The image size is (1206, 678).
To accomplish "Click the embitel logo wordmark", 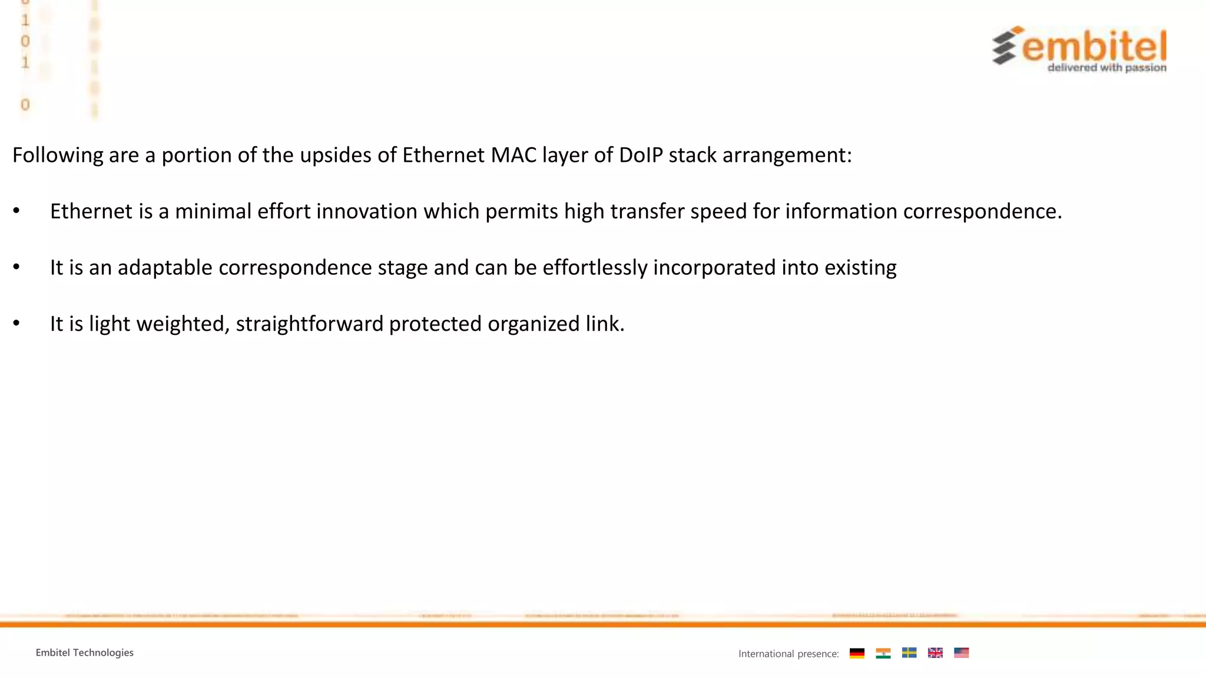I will [x=1094, y=46].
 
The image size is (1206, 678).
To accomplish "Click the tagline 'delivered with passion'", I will [x=1106, y=68].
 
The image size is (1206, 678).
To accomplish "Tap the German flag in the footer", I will [x=857, y=653].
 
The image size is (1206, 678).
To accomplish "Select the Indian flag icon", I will [x=883, y=653].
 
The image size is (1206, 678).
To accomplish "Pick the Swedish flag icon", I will [x=909, y=653].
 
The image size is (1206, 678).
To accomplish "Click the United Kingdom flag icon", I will [x=935, y=653].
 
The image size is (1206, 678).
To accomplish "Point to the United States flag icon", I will [x=961, y=653].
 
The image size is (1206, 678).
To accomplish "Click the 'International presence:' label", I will [x=788, y=653].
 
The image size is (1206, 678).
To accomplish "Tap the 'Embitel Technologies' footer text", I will [x=84, y=652].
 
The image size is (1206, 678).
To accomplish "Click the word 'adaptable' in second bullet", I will [x=164, y=268].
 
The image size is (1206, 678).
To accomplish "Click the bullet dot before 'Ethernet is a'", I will [x=16, y=211].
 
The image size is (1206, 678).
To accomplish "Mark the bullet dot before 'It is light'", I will [x=16, y=323].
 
